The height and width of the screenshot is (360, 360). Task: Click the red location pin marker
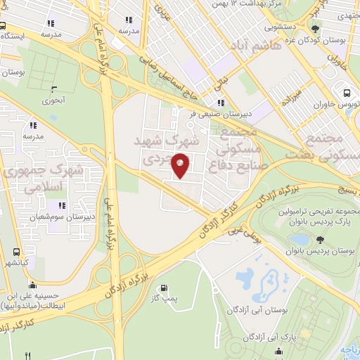pos(181,165)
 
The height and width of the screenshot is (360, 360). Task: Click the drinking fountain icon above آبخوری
pos(55,89)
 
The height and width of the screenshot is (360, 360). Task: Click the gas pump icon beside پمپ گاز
pos(165,287)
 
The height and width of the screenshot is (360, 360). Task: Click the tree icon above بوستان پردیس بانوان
pos(321,240)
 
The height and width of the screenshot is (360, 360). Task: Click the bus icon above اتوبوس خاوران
pos(347,92)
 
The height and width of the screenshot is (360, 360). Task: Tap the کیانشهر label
pos(15,262)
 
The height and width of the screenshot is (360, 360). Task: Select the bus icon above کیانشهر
pos(15,252)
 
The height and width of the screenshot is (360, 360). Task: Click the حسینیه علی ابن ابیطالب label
pos(33,302)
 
